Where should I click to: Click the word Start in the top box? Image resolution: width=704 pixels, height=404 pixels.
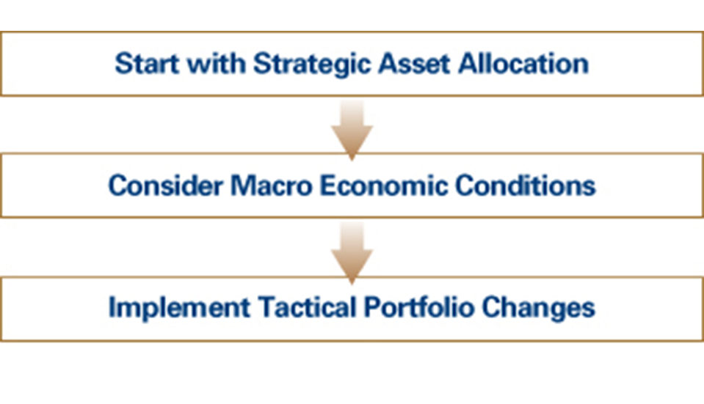pyautogui.click(x=148, y=64)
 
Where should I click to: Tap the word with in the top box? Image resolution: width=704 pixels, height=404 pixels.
pyautogui.click(x=217, y=63)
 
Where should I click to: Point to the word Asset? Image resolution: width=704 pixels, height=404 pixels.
pyautogui.click(x=414, y=64)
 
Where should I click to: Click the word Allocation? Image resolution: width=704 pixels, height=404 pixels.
pyautogui.click(x=523, y=63)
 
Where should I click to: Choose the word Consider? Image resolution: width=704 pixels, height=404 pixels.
pyautogui.click(x=166, y=186)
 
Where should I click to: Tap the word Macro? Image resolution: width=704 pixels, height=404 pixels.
pyautogui.click(x=271, y=186)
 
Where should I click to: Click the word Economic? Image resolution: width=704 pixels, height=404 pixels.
pyautogui.click(x=384, y=186)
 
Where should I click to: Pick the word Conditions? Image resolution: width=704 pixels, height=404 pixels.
pyautogui.click(x=526, y=186)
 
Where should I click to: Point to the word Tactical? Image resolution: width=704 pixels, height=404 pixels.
pyautogui.click(x=307, y=307)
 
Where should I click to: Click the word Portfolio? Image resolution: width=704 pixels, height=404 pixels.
pyautogui.click(x=419, y=307)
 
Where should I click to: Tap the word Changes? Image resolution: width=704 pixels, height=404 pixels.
pyautogui.click(x=538, y=309)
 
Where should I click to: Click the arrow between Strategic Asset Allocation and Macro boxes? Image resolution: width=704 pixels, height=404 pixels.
pyautogui.click(x=352, y=130)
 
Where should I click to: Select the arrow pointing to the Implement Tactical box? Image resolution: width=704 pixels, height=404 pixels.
pyautogui.click(x=352, y=253)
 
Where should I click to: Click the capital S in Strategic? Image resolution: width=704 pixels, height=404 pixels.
pyautogui.click(x=263, y=63)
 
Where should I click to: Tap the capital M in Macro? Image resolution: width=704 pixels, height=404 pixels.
pyautogui.click(x=243, y=186)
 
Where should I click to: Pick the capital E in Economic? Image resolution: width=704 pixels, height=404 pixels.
pyautogui.click(x=329, y=186)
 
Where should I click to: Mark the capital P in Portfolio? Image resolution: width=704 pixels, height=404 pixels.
pyautogui.click(x=374, y=307)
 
